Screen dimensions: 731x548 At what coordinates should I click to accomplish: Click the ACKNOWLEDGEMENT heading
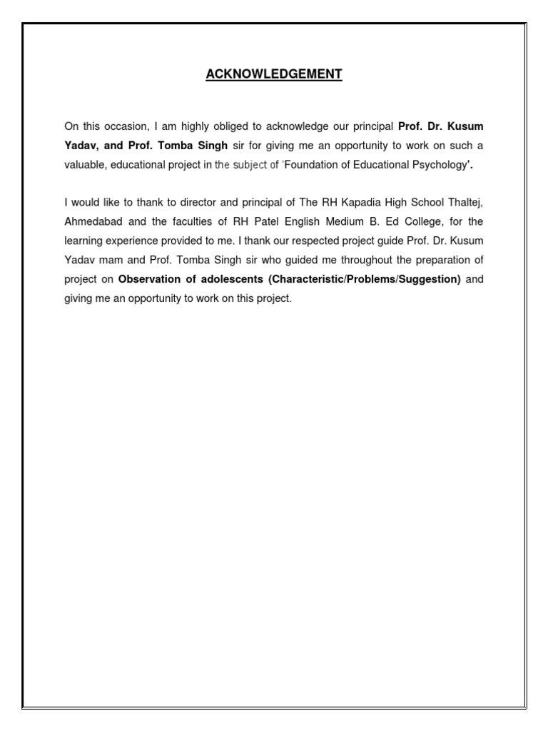tap(274, 74)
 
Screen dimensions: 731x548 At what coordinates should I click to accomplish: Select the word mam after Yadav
tap(106, 261)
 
